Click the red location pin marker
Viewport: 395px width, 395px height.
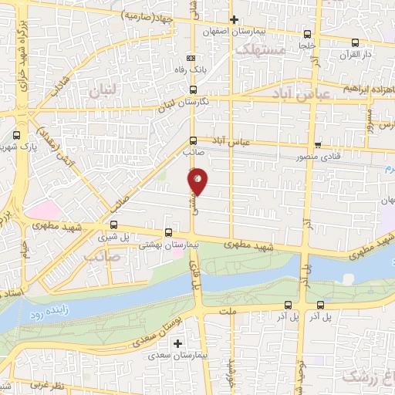[x=197, y=181]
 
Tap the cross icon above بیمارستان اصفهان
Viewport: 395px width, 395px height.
[x=234, y=19]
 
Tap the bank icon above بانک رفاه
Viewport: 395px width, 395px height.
[x=191, y=58]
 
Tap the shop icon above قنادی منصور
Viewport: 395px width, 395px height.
[x=318, y=144]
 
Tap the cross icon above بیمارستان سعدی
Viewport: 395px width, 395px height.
[x=178, y=343]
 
